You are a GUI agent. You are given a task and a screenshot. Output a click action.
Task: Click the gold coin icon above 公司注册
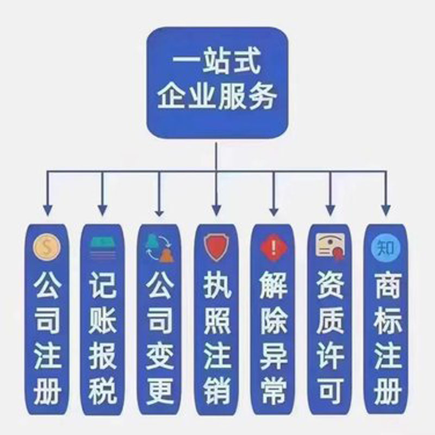47,247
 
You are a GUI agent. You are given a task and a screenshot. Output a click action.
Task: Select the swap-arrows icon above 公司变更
160,248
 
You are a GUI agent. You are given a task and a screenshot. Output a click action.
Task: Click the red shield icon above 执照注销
216,247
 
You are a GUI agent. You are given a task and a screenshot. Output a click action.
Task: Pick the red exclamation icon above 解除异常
274,247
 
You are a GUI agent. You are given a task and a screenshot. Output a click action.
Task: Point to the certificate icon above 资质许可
331,246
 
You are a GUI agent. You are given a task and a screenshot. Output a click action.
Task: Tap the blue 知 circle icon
386,248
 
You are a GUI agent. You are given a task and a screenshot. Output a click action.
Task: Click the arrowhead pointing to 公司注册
48,210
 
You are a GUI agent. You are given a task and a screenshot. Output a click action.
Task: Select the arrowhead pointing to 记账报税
103,210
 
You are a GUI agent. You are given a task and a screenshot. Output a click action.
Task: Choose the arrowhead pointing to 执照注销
216,210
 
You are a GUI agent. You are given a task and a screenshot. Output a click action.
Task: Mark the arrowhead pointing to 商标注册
386,210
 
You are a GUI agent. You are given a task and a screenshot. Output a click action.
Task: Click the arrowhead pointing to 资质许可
330,210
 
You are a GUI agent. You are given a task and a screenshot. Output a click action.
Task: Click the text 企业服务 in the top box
217,96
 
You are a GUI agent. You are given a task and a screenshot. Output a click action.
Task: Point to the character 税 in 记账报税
102,390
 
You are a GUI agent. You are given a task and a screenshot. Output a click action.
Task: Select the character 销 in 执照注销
216,390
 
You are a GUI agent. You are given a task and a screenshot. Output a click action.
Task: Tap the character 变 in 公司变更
160,356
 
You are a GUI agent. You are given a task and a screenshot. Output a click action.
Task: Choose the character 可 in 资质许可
331,390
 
